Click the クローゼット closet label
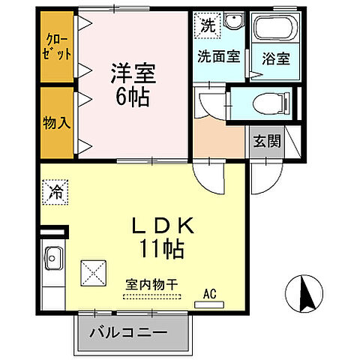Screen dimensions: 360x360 click(x=58, y=46)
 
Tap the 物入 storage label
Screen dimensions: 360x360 click(x=58, y=122)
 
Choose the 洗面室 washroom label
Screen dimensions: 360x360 click(x=218, y=55)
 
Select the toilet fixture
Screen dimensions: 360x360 click(x=265, y=103)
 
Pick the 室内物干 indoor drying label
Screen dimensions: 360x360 click(x=152, y=285)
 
